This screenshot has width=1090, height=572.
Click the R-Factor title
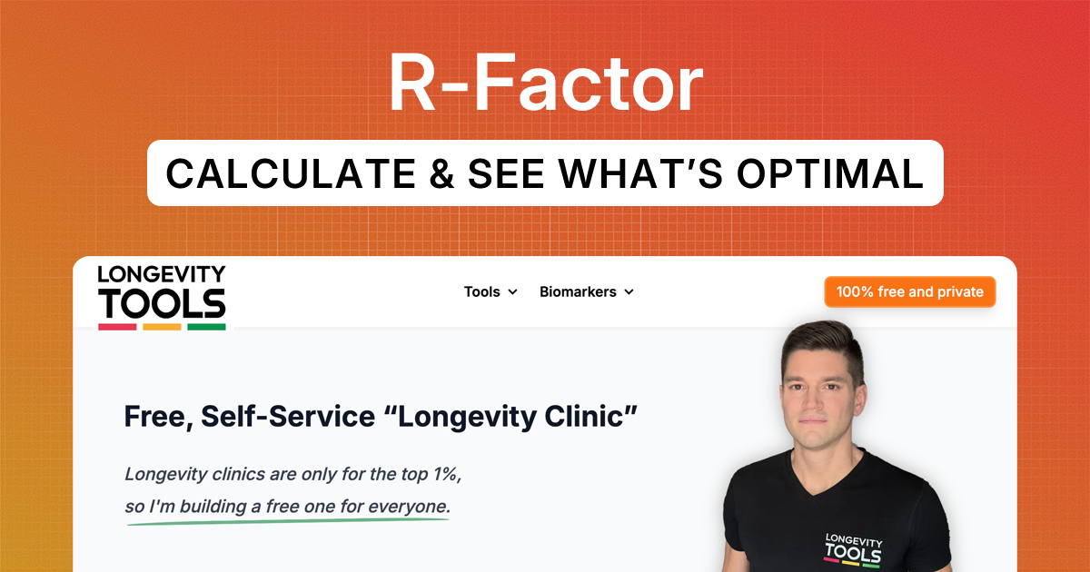545,84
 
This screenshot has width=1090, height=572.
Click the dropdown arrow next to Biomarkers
629,292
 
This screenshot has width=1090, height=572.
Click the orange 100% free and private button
909,291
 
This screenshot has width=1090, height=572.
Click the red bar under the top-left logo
117,326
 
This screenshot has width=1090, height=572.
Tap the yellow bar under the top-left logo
162,326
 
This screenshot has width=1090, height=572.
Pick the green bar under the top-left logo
206,326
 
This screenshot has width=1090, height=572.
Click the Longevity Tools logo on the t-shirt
852,548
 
